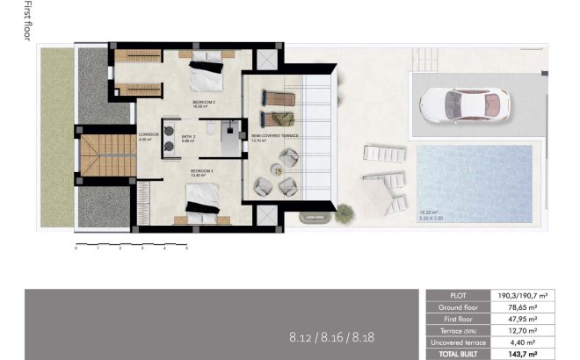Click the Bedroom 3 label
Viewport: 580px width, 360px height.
point(202,173)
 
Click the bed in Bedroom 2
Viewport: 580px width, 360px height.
point(207,70)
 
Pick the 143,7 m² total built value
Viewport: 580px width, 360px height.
point(526,354)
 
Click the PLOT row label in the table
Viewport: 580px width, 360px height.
point(457,297)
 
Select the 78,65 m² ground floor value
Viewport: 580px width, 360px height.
point(526,308)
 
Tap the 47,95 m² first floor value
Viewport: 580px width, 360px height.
point(526,320)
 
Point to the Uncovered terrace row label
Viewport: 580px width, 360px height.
point(457,342)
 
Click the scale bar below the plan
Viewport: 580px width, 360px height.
point(132,242)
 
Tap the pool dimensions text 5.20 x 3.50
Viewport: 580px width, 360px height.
point(431,216)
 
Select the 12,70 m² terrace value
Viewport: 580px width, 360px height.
point(526,331)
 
